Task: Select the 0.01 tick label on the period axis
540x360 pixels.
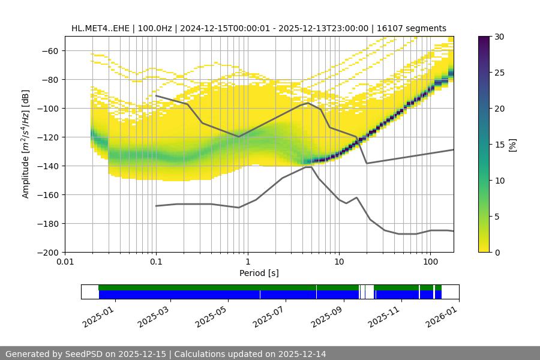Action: tap(65, 262)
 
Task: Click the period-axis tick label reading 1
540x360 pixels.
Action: tap(248, 262)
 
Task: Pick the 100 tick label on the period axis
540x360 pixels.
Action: tap(430, 262)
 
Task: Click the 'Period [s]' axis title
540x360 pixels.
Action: tap(259, 273)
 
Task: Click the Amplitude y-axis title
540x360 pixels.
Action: tap(26, 144)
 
